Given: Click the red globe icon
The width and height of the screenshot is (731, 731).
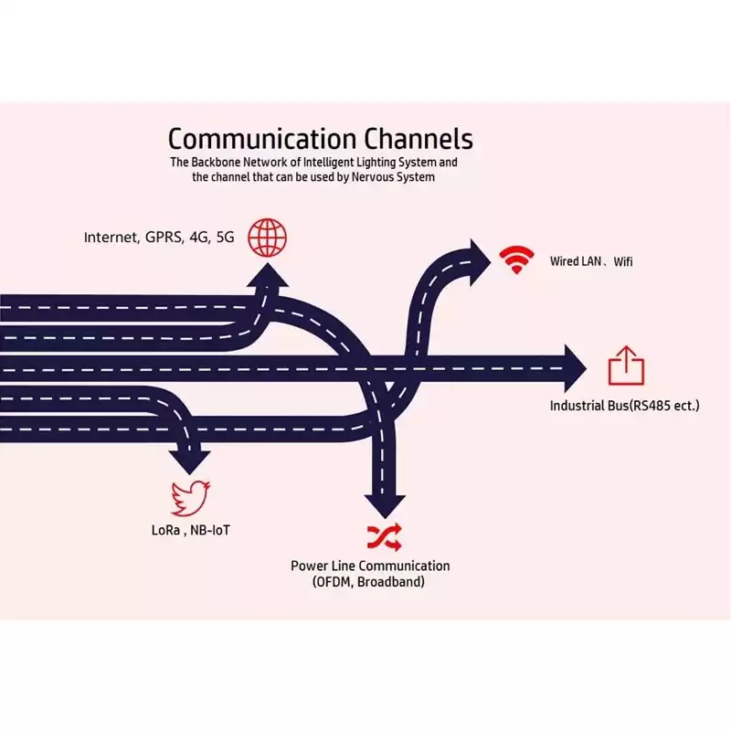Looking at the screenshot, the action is coord(267,238).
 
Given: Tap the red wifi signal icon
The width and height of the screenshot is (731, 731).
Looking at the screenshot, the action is coord(516,260).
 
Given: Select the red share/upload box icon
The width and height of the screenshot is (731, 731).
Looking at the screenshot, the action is coord(626,365).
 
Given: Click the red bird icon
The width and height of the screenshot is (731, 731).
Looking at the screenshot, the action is coord(190,498).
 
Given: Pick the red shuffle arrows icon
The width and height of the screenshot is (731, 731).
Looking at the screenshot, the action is coord(384,537).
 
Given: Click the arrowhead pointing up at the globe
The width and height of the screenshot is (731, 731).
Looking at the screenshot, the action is coord(268,275).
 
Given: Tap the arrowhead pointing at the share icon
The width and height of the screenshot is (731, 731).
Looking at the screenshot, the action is coord(575,368).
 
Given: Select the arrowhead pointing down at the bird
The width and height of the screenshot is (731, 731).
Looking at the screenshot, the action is coord(190,462).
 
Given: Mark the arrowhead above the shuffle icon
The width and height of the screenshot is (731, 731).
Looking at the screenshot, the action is coord(385,507).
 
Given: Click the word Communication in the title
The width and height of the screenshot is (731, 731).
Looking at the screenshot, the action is coord(262,139).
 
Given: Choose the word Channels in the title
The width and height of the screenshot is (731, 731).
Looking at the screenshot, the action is coord(418,139).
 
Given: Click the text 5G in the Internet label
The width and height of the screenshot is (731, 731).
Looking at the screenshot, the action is coord(225,238).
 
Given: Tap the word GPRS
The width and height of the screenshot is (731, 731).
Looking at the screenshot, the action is coord(164,238).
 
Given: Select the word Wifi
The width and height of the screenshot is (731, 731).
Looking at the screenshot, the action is coord(623,261).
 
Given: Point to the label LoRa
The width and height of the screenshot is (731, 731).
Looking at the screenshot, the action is coord(165,530).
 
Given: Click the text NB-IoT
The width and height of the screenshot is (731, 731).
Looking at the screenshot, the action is coord(210,530).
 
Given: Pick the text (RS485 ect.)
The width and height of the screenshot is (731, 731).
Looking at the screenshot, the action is coord(664,406).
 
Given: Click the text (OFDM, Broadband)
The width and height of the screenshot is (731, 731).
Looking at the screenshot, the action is coord(368,582).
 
